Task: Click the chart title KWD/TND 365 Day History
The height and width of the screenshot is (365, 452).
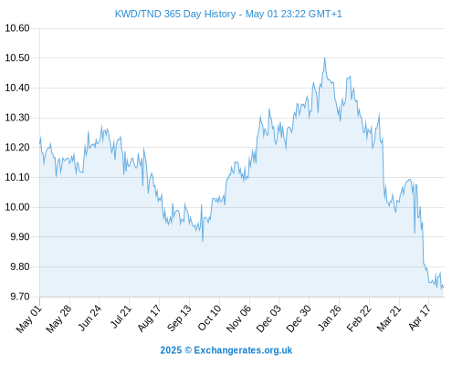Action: click(x=175, y=14)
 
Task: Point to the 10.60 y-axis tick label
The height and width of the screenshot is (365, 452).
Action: click(x=17, y=28)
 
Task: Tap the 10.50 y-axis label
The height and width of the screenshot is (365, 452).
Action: click(x=17, y=58)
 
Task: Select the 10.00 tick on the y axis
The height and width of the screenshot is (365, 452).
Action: click(x=17, y=207)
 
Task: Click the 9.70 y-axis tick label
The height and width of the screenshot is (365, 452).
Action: click(x=20, y=297)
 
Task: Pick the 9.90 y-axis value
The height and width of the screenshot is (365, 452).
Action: click(x=20, y=237)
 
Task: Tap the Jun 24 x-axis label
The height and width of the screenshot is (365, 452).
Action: click(x=89, y=318)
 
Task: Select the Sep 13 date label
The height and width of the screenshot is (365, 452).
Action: click(x=179, y=318)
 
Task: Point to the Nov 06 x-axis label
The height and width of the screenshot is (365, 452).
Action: click(x=239, y=318)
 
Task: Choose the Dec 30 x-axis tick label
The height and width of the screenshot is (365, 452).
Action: click(x=299, y=318)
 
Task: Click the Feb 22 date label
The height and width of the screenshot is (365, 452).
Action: click(x=359, y=318)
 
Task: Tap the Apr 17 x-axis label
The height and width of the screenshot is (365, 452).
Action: click(x=420, y=318)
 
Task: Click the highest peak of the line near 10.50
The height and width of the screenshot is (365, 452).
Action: click(x=325, y=58)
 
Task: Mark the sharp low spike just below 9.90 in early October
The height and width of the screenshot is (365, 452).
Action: click(x=203, y=241)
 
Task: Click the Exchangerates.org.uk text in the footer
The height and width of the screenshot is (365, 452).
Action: click(x=243, y=350)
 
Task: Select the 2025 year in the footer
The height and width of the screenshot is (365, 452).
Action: click(x=171, y=350)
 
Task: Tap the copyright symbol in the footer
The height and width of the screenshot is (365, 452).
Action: click(x=188, y=350)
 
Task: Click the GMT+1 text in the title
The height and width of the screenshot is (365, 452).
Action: click(x=325, y=14)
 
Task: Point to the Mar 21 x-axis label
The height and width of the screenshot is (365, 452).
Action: click(x=389, y=318)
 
